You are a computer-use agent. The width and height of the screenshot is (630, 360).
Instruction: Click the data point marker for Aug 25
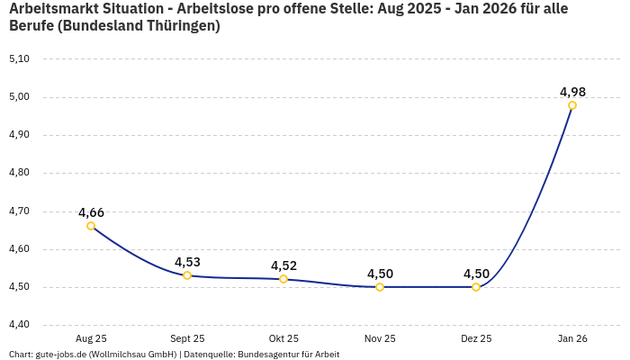(91, 226)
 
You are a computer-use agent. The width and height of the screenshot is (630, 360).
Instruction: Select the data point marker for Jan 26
(572, 105)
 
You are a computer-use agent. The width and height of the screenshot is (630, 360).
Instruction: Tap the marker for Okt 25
(283, 279)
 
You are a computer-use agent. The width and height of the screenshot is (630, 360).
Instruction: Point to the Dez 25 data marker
(476, 287)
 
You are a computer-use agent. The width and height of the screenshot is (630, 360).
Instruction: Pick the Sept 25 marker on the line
(187, 275)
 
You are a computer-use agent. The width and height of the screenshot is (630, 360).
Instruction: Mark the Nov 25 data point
(380, 287)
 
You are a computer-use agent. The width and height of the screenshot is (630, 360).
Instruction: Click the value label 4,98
(572, 92)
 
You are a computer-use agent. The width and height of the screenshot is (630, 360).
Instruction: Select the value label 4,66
(91, 212)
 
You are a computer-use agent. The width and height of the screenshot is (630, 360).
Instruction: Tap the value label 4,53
(187, 262)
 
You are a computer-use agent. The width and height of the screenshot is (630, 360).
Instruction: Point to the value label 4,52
(283, 265)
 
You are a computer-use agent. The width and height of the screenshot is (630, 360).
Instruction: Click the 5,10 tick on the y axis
(19, 58)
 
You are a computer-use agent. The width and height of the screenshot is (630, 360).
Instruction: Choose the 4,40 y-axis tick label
(19, 325)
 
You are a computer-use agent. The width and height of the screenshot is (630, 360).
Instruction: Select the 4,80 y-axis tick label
(19, 173)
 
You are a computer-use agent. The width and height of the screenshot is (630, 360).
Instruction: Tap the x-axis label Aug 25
(91, 338)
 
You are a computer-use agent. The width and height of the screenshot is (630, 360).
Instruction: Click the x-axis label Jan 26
(572, 338)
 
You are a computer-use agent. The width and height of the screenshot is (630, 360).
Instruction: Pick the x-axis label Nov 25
(380, 338)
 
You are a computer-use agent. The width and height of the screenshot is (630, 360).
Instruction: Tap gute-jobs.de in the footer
(62, 354)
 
